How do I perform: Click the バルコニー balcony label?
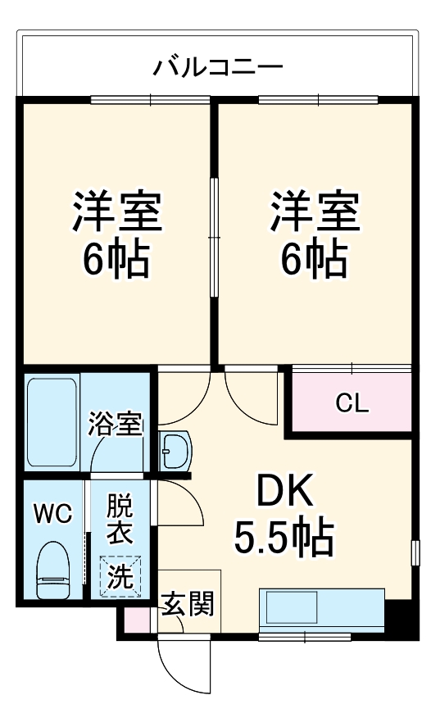218,68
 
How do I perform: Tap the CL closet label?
352,403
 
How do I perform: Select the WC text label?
53,514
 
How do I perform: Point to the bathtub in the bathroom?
52,422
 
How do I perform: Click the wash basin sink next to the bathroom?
175,451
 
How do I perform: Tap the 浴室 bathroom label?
116,423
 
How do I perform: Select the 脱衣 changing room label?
120,519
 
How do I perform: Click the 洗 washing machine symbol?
120,576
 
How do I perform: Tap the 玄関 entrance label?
188,604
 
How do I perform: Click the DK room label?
284,490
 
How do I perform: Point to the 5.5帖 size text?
284,538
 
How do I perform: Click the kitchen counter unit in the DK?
322,610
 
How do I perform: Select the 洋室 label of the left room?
116,211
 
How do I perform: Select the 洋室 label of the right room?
315,211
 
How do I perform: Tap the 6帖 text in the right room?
315,259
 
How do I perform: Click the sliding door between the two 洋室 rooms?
214,237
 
